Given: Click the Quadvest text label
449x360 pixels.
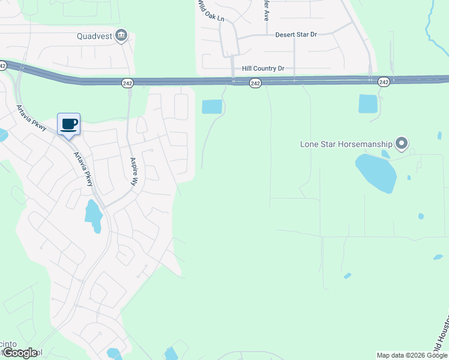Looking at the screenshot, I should [94, 36].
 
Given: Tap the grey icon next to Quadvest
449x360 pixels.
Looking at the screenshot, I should [121, 36].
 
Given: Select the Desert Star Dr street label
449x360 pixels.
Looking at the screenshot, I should [295, 35].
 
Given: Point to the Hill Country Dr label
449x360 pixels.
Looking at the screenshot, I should [263, 69].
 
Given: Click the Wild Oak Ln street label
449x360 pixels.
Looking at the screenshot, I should [211, 11].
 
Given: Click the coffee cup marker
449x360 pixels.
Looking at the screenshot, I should [68, 124].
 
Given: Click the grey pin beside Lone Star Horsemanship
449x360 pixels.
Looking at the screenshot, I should [402, 143].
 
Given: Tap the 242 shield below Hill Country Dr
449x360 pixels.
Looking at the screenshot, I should [255, 83].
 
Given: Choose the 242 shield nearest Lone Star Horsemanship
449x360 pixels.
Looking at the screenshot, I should [384, 82].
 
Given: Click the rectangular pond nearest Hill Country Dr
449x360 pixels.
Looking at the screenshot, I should [212, 107].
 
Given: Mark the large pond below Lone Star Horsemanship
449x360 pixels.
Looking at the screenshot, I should [376, 173].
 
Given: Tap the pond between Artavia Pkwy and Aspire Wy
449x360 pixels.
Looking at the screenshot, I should [94, 215].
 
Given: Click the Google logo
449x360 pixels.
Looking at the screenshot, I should [20, 353].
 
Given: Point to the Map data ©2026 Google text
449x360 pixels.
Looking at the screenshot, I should [411, 355].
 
